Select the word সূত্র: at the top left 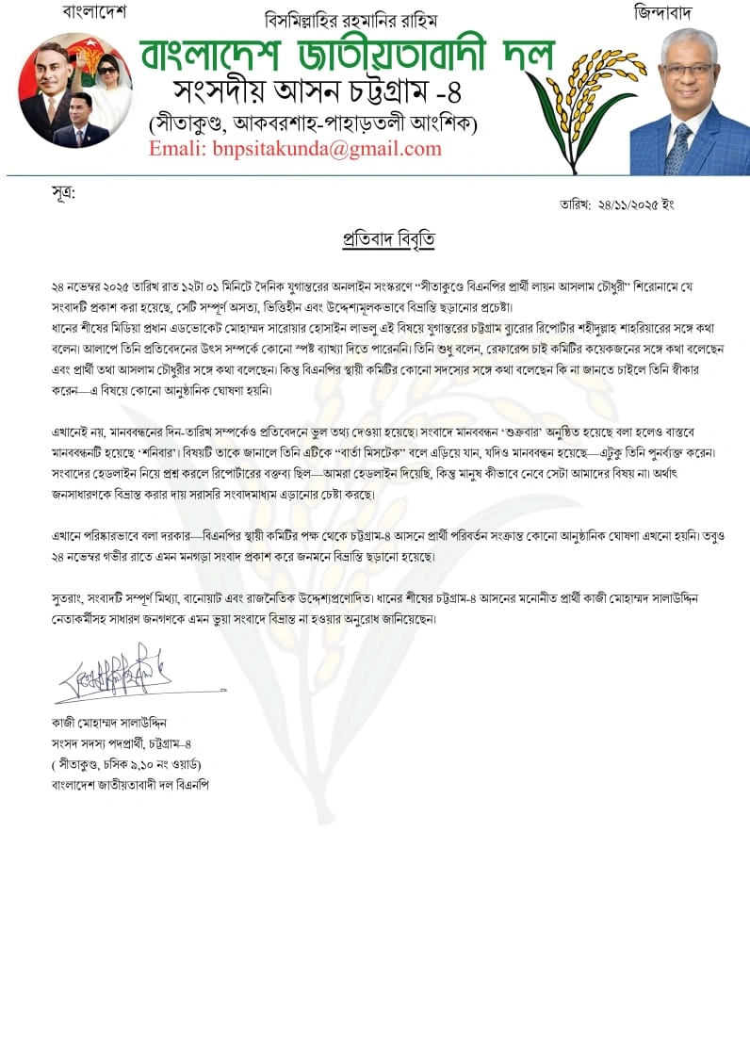point(63,193)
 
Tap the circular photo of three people point(75,90)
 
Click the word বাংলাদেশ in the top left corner point(94,12)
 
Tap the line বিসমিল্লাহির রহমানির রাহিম point(351,20)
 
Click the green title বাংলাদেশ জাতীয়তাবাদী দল point(348,57)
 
